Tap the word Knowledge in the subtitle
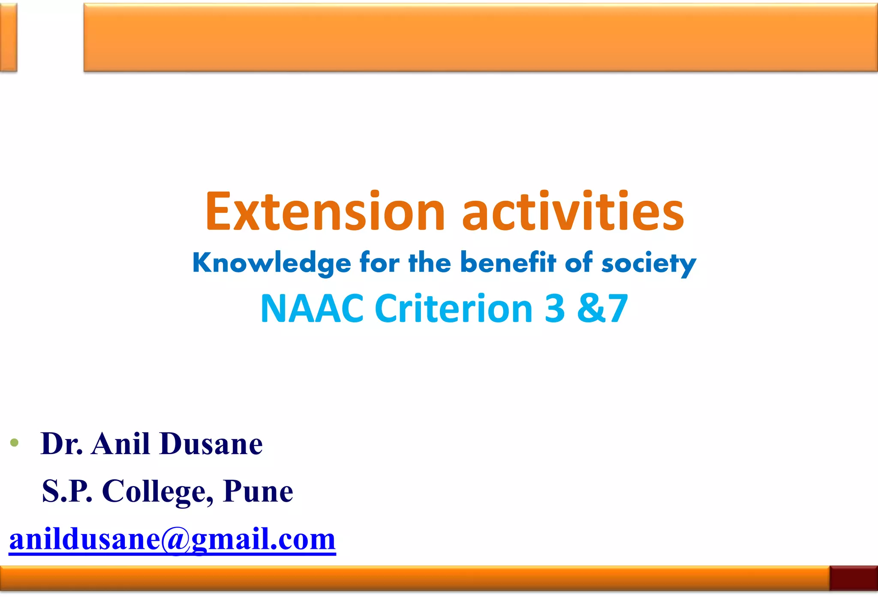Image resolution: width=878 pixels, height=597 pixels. pyautogui.click(x=271, y=263)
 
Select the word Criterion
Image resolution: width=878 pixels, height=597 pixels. pyautogui.click(x=454, y=309)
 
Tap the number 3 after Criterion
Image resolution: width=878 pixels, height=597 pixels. pyautogui.click(x=555, y=309)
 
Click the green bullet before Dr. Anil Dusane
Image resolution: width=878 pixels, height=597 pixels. pyautogui.click(x=15, y=442)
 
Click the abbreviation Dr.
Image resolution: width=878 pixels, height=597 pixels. pyautogui.click(x=62, y=444)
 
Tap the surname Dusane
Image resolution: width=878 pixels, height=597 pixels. pyautogui.click(x=211, y=444)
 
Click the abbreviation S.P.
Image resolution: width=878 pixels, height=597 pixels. pyautogui.click(x=67, y=491)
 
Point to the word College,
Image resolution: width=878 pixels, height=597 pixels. pyautogui.click(x=157, y=492)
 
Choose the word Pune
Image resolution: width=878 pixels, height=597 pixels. pyautogui.click(x=258, y=491)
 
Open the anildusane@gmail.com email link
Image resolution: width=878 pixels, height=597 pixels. pyautogui.click(x=172, y=539)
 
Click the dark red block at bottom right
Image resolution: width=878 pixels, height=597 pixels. pyautogui.click(x=853, y=578)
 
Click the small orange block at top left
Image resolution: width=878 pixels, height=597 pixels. pyautogui.click(x=8, y=37)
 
